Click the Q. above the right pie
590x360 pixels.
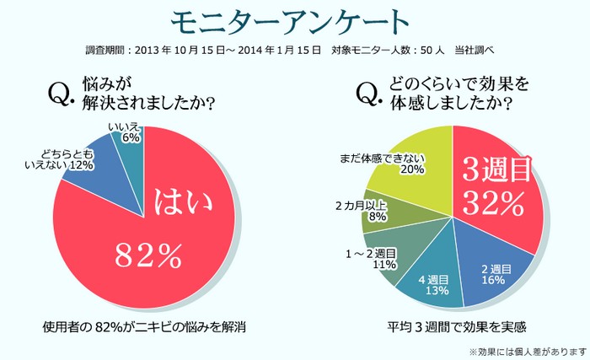pyautogui.click(x=369, y=95)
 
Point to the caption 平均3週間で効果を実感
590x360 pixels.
pyautogui.click(x=450, y=325)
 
